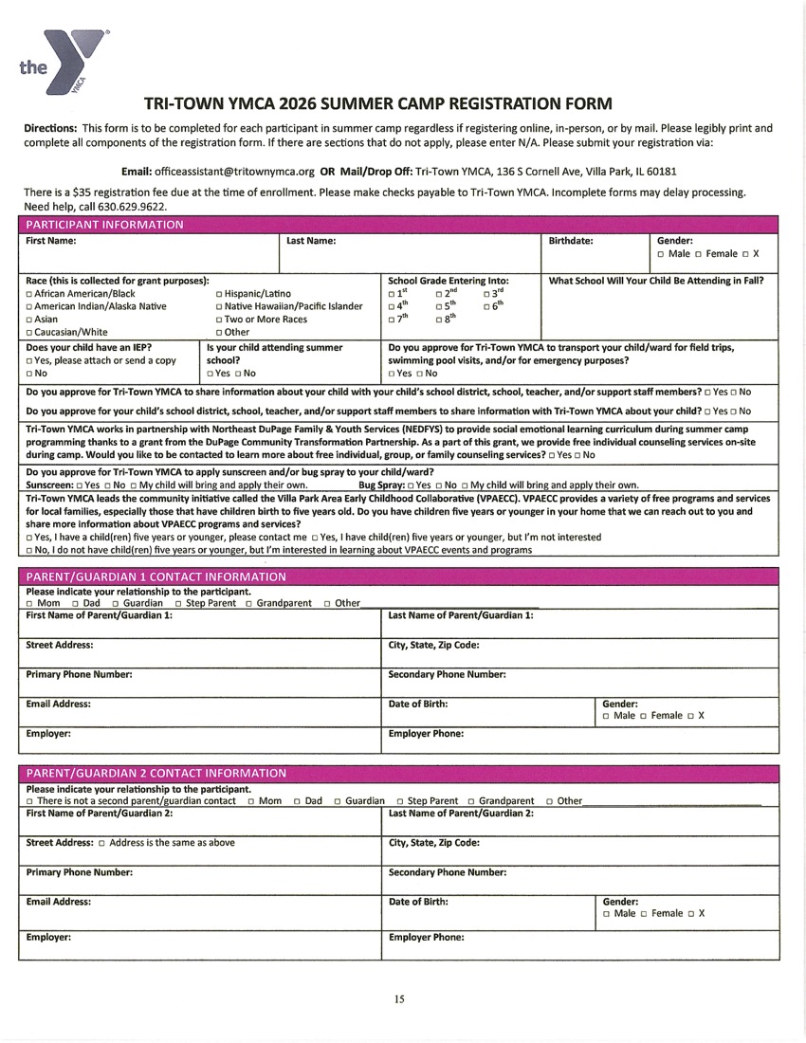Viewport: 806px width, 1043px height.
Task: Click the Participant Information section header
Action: [x=105, y=225]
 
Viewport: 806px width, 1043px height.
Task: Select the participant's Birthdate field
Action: [x=593, y=258]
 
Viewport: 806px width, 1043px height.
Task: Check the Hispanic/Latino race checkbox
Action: [x=219, y=294]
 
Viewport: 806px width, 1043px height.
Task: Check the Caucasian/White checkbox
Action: [x=29, y=333]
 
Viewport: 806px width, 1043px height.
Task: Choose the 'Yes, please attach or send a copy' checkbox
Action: [x=29, y=361]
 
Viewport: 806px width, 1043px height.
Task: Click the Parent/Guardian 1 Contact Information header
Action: [x=156, y=576]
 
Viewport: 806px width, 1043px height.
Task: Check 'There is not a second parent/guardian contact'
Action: [x=29, y=801]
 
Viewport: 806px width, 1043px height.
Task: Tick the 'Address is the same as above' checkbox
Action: [x=102, y=842]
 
